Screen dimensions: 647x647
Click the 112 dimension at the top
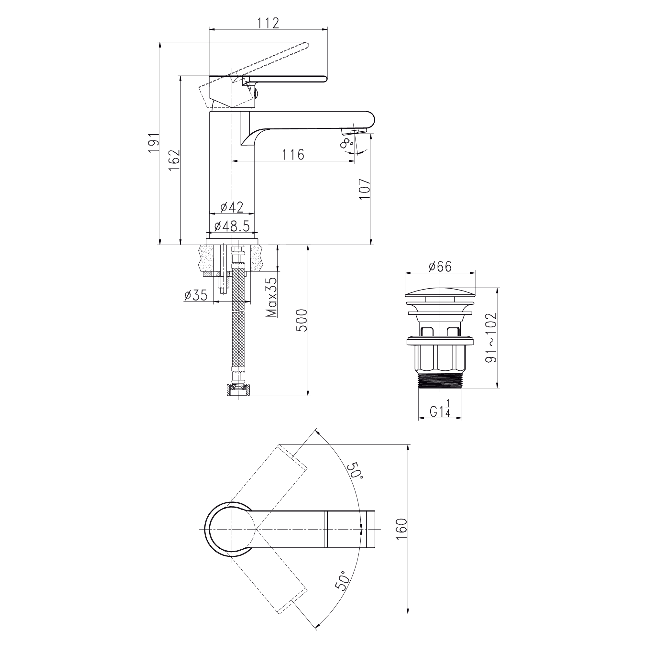click(x=268, y=23)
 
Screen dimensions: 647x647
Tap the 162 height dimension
click(x=174, y=160)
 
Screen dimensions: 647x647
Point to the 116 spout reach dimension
click(x=293, y=155)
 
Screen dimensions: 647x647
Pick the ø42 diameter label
click(x=232, y=207)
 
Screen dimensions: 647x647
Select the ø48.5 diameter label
click(x=232, y=226)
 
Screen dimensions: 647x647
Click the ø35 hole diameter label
click(x=196, y=295)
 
